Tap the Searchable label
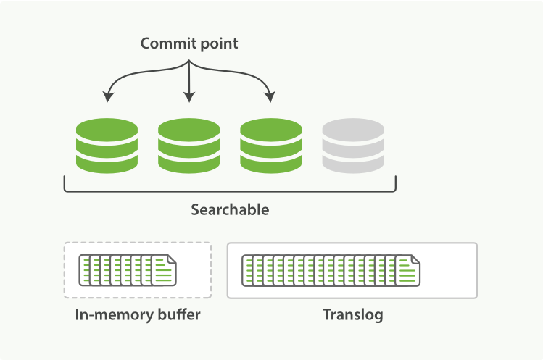click(x=230, y=210)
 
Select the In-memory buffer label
click(x=138, y=315)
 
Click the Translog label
click(x=352, y=315)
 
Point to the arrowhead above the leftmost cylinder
click(x=108, y=96)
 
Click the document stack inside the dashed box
click(x=127, y=269)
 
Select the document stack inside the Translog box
click(x=331, y=269)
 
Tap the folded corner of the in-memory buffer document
click(x=171, y=259)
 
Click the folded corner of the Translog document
click(x=415, y=259)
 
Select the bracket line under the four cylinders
click(x=230, y=191)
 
